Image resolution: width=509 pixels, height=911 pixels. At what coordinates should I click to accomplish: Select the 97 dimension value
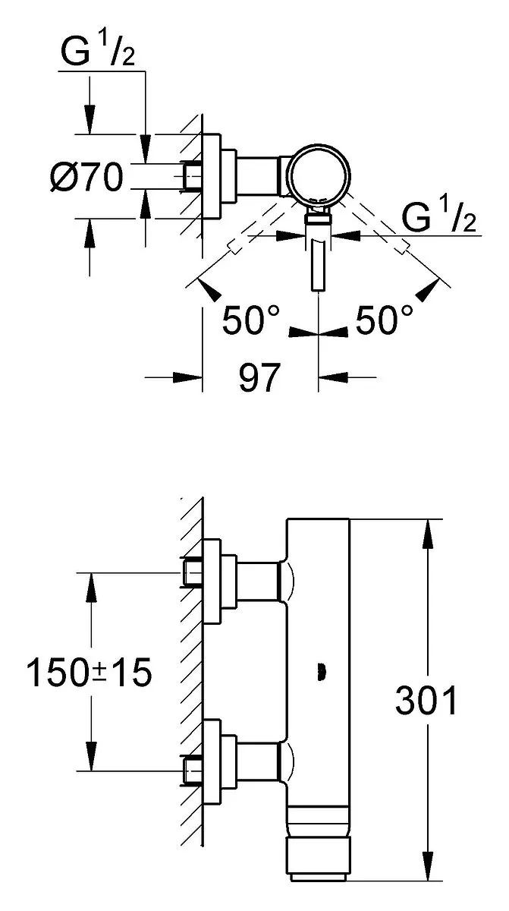coord(259,378)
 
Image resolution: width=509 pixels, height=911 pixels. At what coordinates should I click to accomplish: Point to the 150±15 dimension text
coord(89,672)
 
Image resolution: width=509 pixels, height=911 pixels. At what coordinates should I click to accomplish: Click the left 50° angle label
coord(250,320)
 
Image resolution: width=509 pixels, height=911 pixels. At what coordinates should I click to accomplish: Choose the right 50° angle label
coord(384,320)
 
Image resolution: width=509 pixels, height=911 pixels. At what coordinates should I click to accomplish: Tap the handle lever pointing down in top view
coord(318,264)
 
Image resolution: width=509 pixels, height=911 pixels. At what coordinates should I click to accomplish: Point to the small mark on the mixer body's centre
coord(322,672)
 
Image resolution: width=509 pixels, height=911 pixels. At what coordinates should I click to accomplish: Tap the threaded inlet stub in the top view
coord(193,176)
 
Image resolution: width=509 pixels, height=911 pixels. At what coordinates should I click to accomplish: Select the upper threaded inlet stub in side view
coord(193,572)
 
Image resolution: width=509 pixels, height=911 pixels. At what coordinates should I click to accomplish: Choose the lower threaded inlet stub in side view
coord(193,771)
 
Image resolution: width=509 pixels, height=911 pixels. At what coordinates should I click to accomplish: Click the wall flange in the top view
coord(212,176)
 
